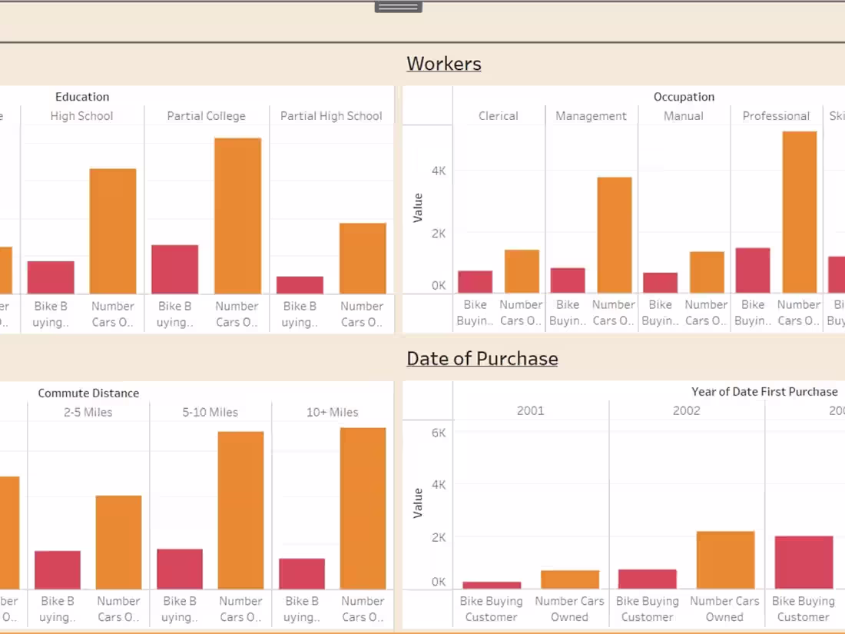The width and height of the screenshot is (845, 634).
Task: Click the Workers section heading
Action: click(x=444, y=64)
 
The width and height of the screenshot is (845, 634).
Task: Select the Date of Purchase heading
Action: click(x=482, y=359)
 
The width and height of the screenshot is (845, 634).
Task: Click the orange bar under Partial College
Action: click(x=237, y=216)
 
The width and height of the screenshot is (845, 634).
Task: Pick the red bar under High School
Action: click(x=51, y=277)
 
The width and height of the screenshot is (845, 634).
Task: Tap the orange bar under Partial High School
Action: click(x=363, y=258)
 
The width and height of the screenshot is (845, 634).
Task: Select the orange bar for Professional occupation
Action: click(x=799, y=212)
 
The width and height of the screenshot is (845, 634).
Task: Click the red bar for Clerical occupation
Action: click(x=475, y=282)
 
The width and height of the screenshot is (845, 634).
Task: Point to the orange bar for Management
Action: click(x=614, y=235)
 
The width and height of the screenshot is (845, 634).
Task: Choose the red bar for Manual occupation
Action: click(x=660, y=283)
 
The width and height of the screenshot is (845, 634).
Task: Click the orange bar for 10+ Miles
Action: click(x=363, y=508)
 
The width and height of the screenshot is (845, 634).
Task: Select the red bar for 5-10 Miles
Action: click(x=180, y=569)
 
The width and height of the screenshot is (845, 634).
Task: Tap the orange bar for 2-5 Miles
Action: click(x=118, y=542)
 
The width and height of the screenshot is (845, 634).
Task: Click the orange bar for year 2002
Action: click(x=724, y=560)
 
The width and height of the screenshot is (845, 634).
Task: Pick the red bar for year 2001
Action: click(x=491, y=586)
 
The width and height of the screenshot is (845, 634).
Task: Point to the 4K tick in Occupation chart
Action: click(x=439, y=171)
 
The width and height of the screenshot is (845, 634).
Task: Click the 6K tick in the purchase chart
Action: click(x=438, y=433)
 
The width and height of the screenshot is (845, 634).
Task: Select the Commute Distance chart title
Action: click(x=88, y=393)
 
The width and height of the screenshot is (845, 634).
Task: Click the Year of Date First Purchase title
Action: click(x=764, y=392)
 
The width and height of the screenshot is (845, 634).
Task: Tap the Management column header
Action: click(x=591, y=116)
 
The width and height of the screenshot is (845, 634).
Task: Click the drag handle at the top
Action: click(x=398, y=7)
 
